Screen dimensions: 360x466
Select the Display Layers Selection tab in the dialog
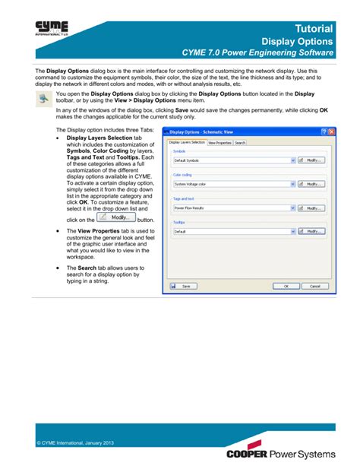(x=186, y=142)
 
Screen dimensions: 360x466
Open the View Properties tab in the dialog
(x=219, y=142)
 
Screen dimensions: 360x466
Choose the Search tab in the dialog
(x=240, y=142)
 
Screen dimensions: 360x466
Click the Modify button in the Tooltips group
(x=311, y=230)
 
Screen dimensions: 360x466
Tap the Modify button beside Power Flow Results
(x=311, y=208)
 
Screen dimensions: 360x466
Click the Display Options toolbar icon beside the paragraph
(x=43, y=101)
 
